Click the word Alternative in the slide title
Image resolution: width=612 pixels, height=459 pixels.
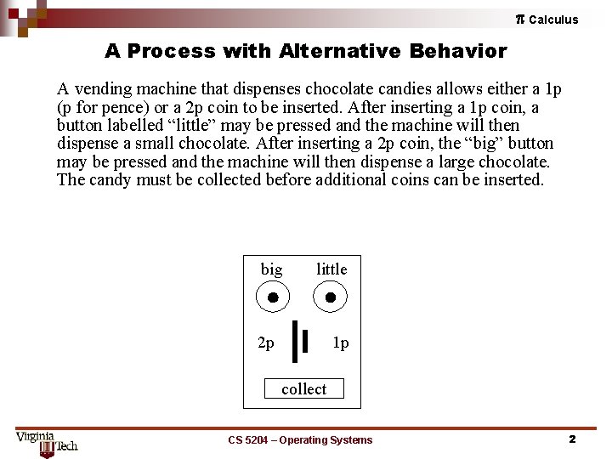pyautogui.click(x=340, y=51)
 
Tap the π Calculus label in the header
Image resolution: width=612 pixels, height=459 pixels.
pyautogui.click(x=547, y=20)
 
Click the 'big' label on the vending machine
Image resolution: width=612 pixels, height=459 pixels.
pyautogui.click(x=272, y=269)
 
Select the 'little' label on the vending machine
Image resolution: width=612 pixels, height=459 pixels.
pyautogui.click(x=331, y=269)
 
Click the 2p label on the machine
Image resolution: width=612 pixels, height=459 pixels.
pyautogui.click(x=266, y=343)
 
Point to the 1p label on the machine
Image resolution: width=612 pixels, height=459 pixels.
pyautogui.click(x=340, y=343)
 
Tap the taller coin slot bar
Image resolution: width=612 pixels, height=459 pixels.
pyautogui.click(x=295, y=342)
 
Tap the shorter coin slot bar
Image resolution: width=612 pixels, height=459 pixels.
pyautogui.click(x=305, y=341)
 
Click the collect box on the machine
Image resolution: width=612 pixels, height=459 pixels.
pyautogui.click(x=304, y=388)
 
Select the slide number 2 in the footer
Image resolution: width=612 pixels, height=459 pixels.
pyautogui.click(x=572, y=439)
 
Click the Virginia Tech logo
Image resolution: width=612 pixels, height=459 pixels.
pyautogui.click(x=47, y=445)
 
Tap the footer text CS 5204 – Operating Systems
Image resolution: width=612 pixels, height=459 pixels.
pyautogui.click(x=300, y=440)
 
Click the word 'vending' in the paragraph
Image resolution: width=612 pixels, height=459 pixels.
pyautogui.click(x=104, y=89)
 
